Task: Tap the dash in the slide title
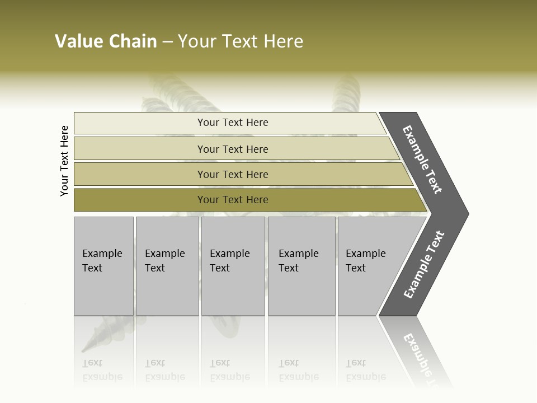(x=168, y=42)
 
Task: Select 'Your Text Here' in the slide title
(x=241, y=41)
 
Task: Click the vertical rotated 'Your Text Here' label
(x=64, y=161)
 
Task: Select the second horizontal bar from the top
(x=232, y=149)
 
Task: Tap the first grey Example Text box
(x=103, y=266)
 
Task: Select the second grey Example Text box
(x=167, y=266)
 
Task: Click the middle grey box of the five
(x=233, y=266)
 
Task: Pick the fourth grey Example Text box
(x=302, y=266)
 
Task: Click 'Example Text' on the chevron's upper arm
(x=422, y=160)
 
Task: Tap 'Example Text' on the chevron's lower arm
(x=424, y=265)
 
